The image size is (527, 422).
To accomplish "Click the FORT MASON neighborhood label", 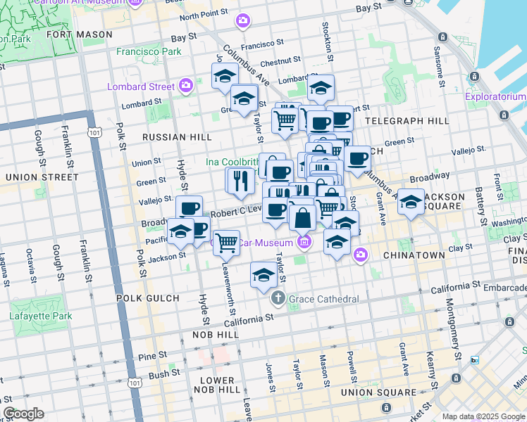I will pyautogui.click(x=80, y=34).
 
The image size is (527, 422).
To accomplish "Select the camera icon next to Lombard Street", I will pyautogui.click(x=186, y=86).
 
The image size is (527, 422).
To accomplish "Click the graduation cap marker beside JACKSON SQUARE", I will pyautogui.click(x=411, y=203).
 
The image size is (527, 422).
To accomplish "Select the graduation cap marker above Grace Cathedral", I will pyautogui.click(x=263, y=274).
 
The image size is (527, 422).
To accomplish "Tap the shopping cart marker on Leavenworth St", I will pyautogui.click(x=226, y=243).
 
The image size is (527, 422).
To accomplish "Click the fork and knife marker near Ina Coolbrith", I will pyautogui.click(x=240, y=180).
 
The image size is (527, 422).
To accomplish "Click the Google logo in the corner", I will pyautogui.click(x=23, y=414).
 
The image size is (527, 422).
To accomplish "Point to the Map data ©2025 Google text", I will pyautogui.click(x=483, y=416).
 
